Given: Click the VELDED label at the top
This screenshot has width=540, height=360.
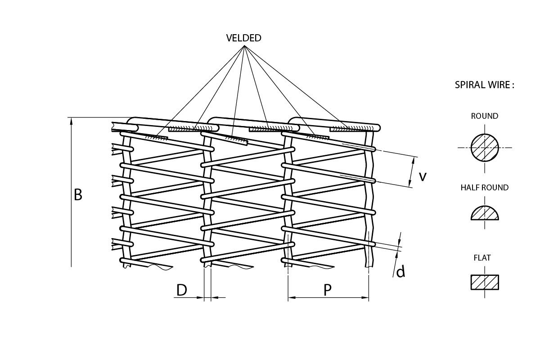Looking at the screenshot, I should [243, 38].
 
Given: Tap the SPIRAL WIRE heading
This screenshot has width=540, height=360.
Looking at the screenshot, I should [484, 85].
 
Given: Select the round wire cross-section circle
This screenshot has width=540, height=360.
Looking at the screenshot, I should [485, 148].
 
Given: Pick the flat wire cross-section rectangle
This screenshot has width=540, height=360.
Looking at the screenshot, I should [485, 282].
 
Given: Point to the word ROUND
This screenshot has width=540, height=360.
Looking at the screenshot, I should [485, 116].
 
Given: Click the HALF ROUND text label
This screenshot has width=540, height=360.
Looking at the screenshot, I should [485, 188].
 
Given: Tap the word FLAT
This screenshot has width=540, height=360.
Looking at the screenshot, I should [482, 258].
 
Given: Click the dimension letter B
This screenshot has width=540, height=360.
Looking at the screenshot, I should [78, 195].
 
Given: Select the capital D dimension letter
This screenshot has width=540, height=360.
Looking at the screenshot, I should [181, 290].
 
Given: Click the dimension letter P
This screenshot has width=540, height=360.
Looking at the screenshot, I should [328, 290].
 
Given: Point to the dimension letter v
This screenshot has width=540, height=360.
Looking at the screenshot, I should [423, 176].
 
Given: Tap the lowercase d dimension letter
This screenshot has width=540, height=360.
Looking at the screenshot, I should [400, 271].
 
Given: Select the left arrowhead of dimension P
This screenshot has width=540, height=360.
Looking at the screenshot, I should [291, 297].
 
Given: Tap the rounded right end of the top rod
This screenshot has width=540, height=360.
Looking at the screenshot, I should [378, 128].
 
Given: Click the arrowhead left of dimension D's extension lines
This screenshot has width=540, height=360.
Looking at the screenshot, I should [201, 297].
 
